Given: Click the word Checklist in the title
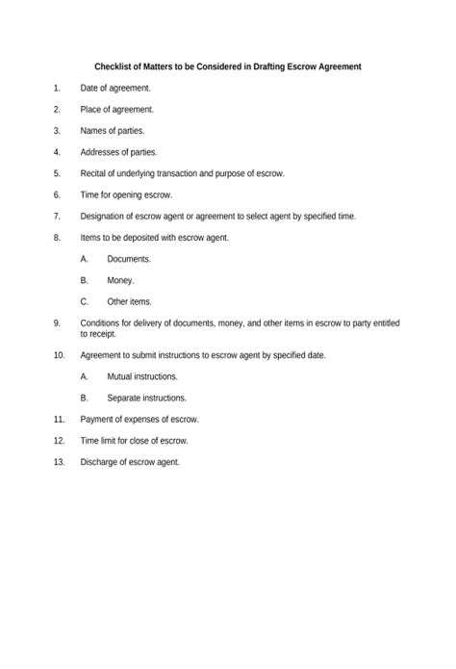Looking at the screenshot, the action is [114, 66].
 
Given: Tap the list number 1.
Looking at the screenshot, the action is [57, 89].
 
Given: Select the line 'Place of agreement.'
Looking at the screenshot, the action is [116, 110].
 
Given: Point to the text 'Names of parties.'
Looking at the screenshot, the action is [113, 131].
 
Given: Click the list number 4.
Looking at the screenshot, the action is [57, 152].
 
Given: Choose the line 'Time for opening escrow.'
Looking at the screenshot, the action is [126, 194].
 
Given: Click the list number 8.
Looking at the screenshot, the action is [57, 237].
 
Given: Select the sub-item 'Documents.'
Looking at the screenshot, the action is [129, 259].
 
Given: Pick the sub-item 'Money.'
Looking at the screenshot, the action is [120, 280].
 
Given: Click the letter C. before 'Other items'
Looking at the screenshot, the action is [85, 301].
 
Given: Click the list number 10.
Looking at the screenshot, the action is [59, 355].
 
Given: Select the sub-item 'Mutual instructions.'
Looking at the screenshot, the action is [142, 376].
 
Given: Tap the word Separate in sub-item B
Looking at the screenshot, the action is [125, 398].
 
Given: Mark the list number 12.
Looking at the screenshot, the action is [59, 440].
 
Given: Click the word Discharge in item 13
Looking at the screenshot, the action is [100, 461].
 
